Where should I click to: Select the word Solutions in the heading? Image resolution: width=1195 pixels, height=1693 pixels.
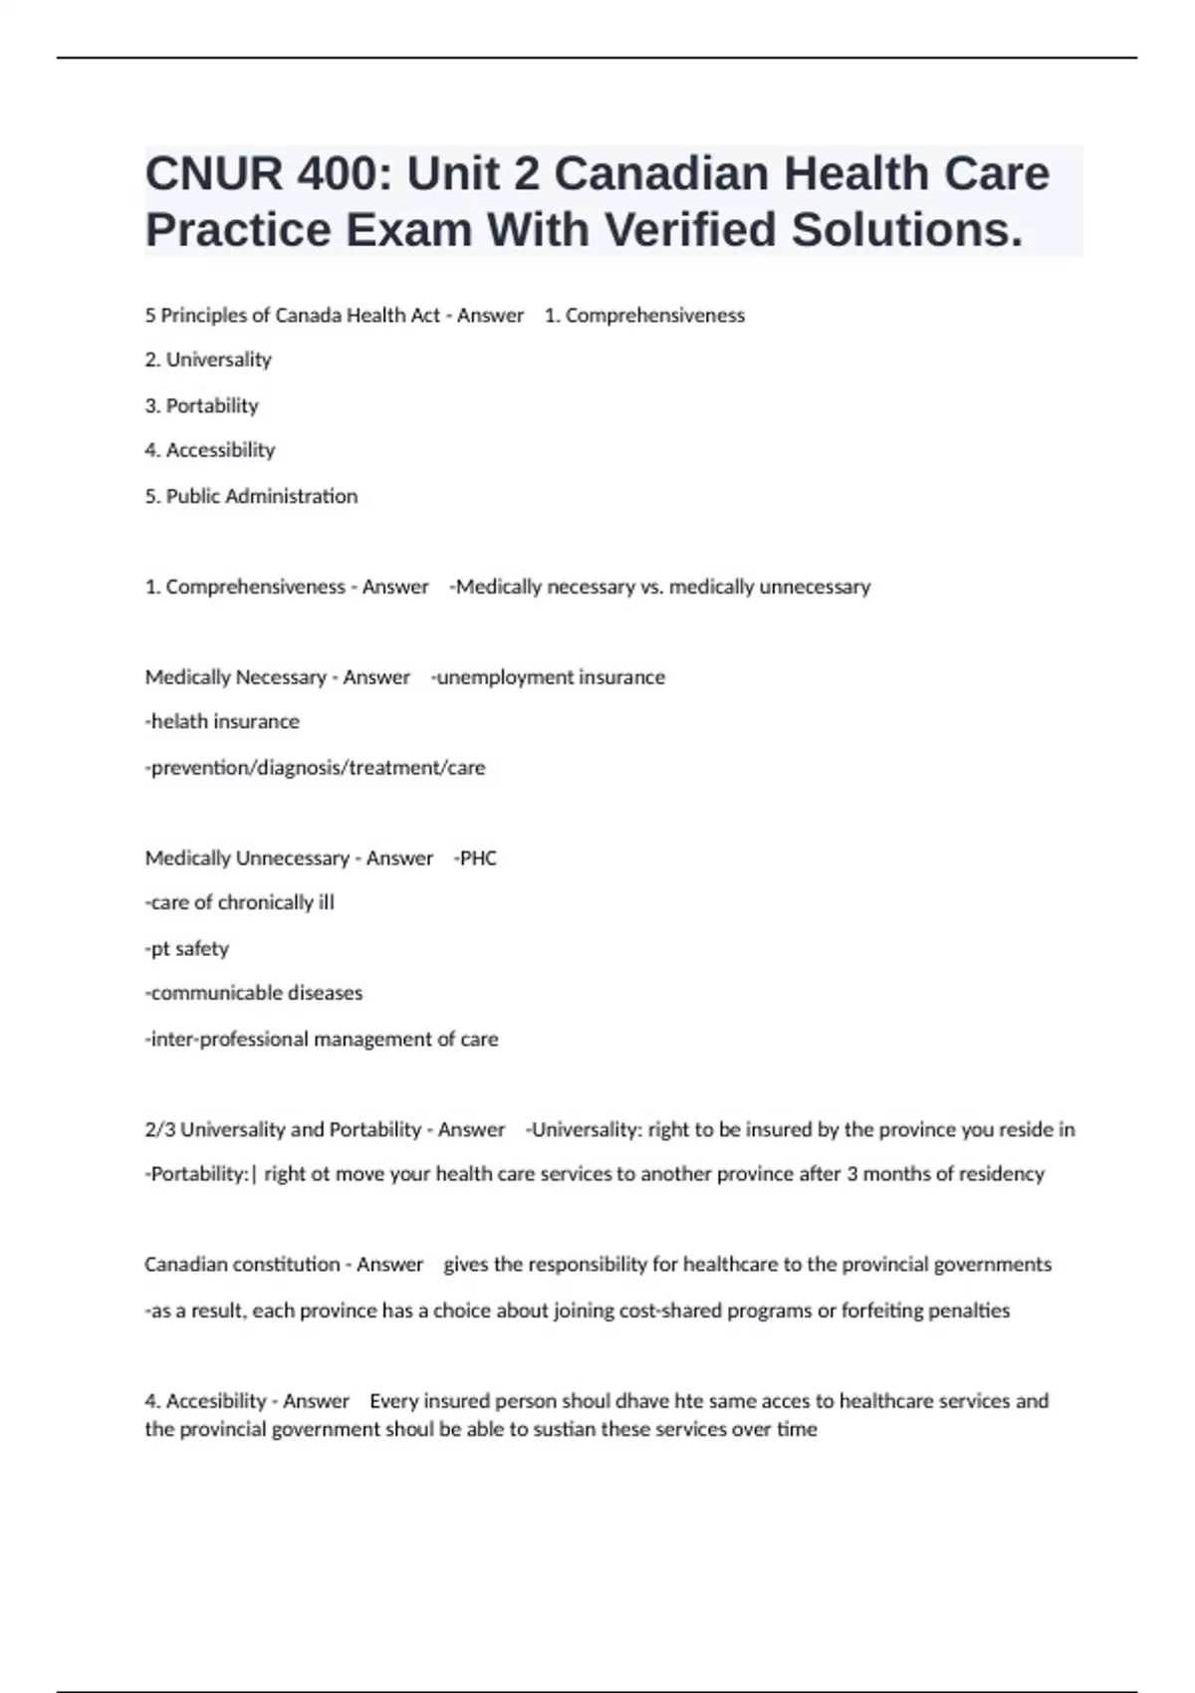coord(906,230)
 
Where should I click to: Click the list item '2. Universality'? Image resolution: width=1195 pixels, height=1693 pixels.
coord(208,360)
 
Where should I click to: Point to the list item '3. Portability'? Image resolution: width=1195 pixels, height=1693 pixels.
coord(201,405)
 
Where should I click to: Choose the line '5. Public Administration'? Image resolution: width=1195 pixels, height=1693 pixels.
coord(251,496)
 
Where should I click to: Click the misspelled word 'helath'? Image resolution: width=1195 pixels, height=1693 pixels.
coord(180,721)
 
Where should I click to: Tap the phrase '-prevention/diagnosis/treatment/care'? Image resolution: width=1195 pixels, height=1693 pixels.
coord(315,768)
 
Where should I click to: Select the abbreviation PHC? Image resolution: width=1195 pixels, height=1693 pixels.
coord(477,858)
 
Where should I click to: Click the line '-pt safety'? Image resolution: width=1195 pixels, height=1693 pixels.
coord(186,948)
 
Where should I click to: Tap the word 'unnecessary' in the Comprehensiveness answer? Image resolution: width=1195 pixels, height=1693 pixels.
coord(815,587)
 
